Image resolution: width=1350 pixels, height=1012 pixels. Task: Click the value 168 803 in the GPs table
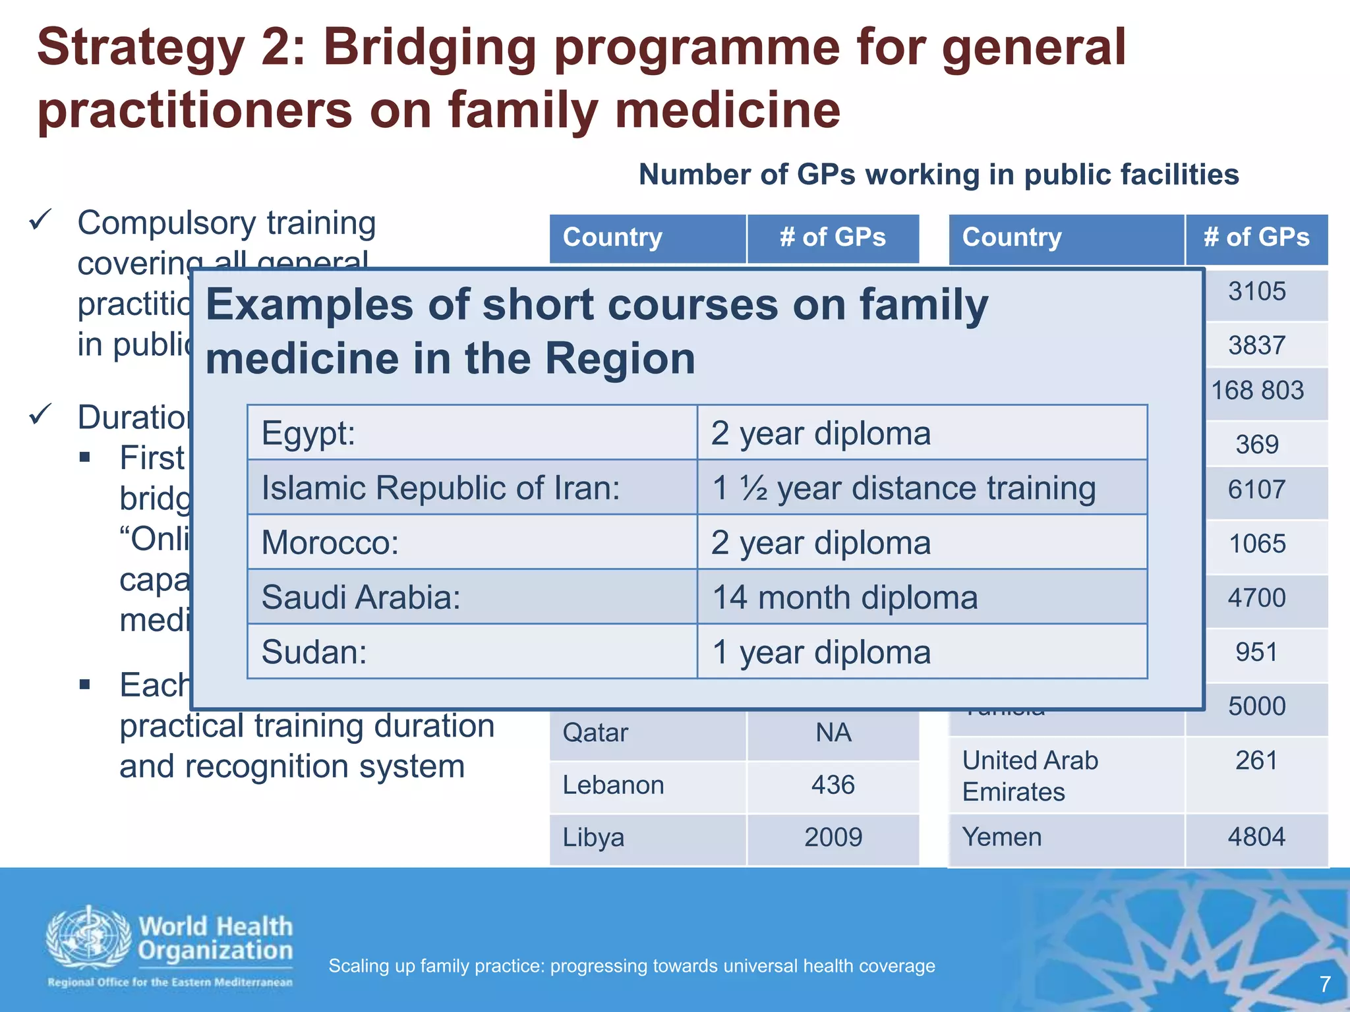click(x=1257, y=391)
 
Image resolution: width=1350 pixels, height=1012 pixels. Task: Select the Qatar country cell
click(x=595, y=733)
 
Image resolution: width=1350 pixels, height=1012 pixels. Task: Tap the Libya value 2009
click(x=833, y=837)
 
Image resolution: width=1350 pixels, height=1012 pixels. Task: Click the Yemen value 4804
click(x=1256, y=837)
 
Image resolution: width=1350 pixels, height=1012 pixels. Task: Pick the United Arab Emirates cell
click(x=1030, y=775)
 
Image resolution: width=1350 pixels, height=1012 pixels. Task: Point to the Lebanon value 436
click(x=833, y=785)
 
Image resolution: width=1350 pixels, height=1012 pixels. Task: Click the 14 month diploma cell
click(x=844, y=598)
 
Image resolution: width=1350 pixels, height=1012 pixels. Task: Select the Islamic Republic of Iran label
click(x=440, y=488)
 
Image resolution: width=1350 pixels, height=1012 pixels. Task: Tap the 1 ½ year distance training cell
click(x=903, y=488)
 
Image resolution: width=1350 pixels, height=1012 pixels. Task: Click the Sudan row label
click(x=314, y=652)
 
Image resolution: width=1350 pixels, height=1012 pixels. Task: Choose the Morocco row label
click(x=330, y=543)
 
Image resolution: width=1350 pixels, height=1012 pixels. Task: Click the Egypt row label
click(x=308, y=434)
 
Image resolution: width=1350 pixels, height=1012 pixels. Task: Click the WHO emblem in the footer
click(x=88, y=937)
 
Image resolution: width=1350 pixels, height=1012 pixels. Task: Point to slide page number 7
click(x=1325, y=984)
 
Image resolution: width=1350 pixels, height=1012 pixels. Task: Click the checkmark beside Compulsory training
click(x=41, y=220)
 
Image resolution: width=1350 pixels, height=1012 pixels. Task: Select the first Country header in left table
click(x=612, y=237)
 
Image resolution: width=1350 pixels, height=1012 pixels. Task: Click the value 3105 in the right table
click(x=1256, y=291)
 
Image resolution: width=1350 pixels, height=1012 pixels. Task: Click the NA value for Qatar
click(x=833, y=733)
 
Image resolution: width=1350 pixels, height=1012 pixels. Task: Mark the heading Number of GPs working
click(x=939, y=175)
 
